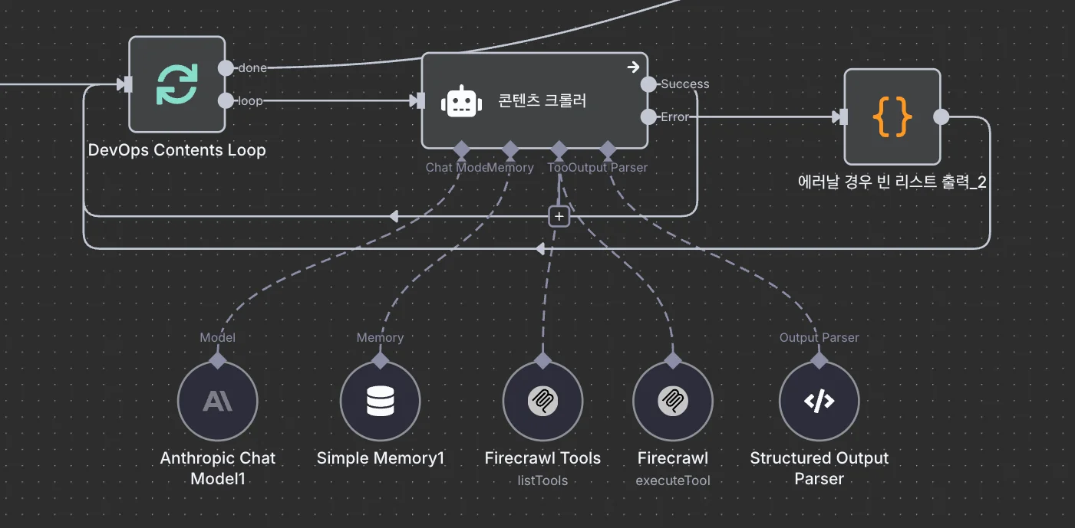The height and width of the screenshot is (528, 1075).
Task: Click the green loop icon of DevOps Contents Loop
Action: tap(176, 84)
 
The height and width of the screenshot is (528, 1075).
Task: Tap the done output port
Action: tap(226, 67)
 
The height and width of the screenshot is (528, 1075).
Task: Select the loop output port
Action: tap(226, 100)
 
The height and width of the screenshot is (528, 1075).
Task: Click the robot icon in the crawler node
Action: tap(461, 101)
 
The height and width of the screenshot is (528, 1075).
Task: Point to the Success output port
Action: tap(648, 84)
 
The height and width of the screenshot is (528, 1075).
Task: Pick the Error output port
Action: tap(648, 116)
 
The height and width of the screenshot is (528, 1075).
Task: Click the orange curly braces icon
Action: tap(892, 116)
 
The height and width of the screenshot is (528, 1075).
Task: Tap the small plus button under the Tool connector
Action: tap(559, 217)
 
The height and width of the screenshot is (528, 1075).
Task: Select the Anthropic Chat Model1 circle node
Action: tap(217, 401)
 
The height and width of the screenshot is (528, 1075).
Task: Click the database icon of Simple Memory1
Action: tap(380, 401)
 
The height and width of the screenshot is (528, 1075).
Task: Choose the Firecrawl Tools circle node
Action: tap(542, 401)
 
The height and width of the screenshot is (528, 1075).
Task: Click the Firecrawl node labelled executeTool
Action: tap(673, 401)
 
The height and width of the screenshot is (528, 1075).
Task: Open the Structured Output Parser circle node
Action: tap(819, 401)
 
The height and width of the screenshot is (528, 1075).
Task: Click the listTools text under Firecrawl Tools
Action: tap(542, 480)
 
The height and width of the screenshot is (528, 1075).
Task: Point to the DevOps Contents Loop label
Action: tap(176, 149)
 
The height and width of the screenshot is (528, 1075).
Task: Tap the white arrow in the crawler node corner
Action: tap(633, 67)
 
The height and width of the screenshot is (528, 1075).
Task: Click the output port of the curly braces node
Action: tap(941, 116)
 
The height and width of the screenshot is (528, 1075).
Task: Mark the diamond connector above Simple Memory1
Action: tap(380, 359)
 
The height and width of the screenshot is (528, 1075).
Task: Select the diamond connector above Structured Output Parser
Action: tap(819, 359)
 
